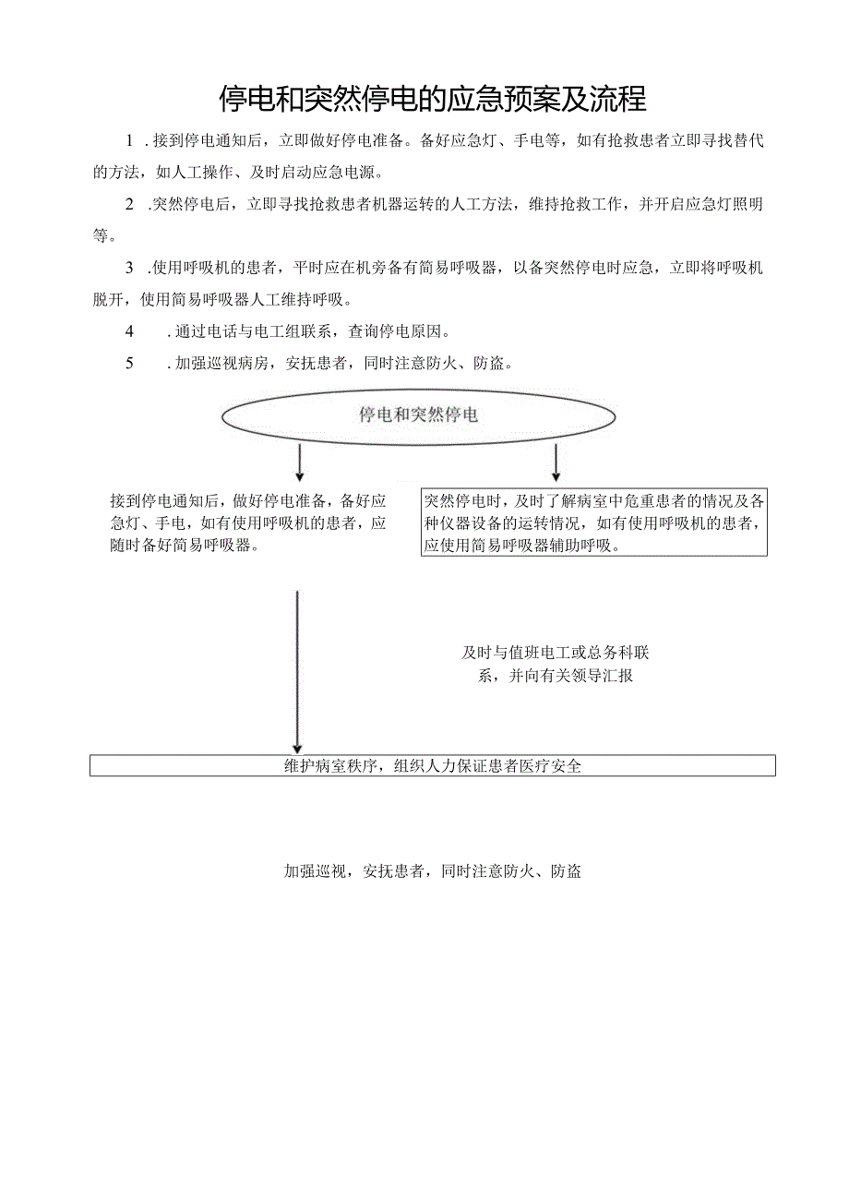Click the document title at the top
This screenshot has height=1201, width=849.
pos(432,97)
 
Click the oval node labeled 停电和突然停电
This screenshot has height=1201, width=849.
pos(418,415)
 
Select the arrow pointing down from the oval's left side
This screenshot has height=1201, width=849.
pos(299,461)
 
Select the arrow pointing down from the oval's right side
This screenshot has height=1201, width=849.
pos(556,461)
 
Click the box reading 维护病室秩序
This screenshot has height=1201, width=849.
pos(432,765)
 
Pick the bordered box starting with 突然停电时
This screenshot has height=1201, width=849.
pos(594,522)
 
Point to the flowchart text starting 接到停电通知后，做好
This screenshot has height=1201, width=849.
pos(247,522)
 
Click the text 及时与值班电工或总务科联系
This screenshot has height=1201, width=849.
pos(556,664)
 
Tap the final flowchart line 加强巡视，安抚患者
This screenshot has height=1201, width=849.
pos(432,871)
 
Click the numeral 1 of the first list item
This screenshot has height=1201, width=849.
pos(130,141)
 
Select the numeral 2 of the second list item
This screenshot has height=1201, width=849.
pos(130,205)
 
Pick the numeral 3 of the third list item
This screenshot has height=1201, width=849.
pos(130,269)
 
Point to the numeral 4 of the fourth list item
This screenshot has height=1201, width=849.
pos(130,331)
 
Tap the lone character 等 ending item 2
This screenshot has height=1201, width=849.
pos(101,235)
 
